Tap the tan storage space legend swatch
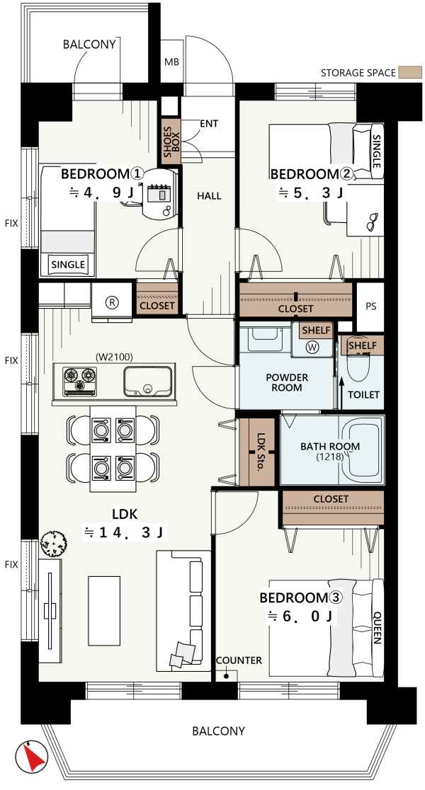(x=410, y=72)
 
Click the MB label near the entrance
(x=172, y=62)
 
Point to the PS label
(x=370, y=307)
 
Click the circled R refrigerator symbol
(x=111, y=302)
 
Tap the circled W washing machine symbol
(x=312, y=347)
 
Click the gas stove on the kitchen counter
(x=80, y=382)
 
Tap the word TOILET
(x=363, y=394)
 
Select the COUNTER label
(x=239, y=660)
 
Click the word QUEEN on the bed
(x=377, y=628)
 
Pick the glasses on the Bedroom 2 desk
(x=373, y=221)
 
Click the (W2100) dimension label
(x=114, y=357)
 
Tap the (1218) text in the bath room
(x=329, y=457)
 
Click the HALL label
(x=209, y=195)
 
